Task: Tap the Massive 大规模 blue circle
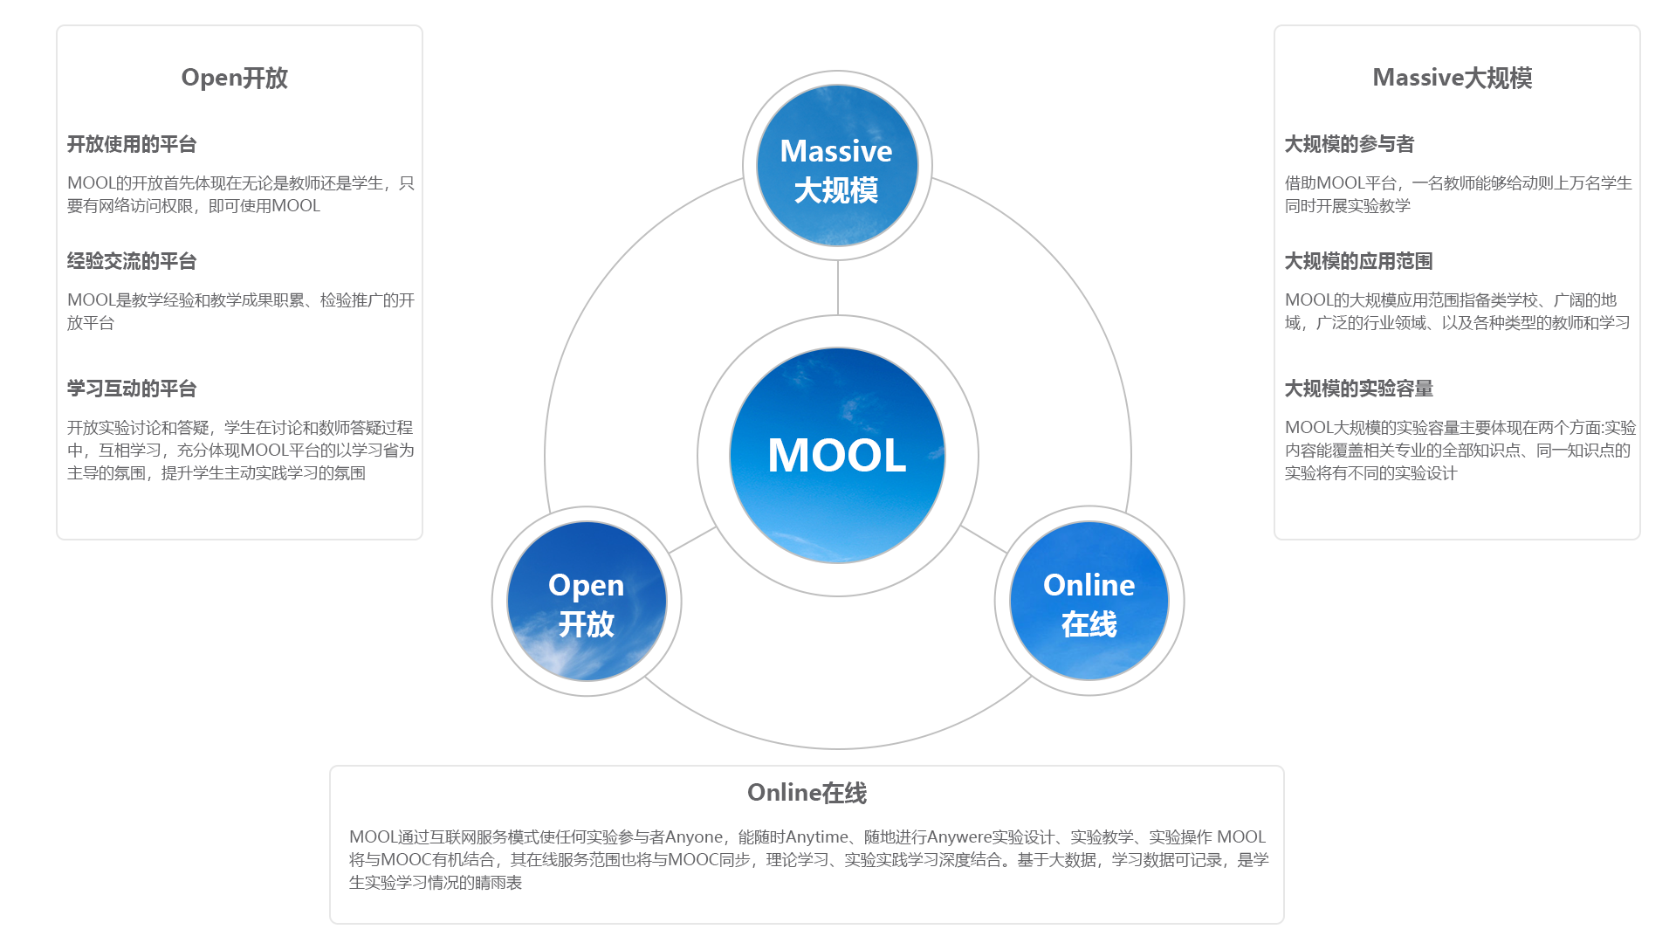pos(837,166)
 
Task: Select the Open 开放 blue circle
pos(587,602)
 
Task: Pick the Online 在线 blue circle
pos(1089,602)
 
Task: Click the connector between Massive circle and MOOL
pos(837,288)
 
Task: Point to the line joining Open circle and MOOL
pos(693,540)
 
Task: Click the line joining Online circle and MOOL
pos(984,540)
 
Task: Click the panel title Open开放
pos(234,78)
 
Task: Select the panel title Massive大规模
pos(1452,78)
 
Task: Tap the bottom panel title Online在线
pos(807,793)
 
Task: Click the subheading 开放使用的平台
pos(132,144)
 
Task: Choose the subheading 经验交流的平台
pos(132,261)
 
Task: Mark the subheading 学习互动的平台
pos(132,389)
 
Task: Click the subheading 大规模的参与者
pos(1349,144)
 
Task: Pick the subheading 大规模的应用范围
pos(1358,261)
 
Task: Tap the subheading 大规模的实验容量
pos(1358,389)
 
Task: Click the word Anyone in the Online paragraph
pos(693,837)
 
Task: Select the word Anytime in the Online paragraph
pos(816,837)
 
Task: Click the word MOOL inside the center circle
pos(836,456)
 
